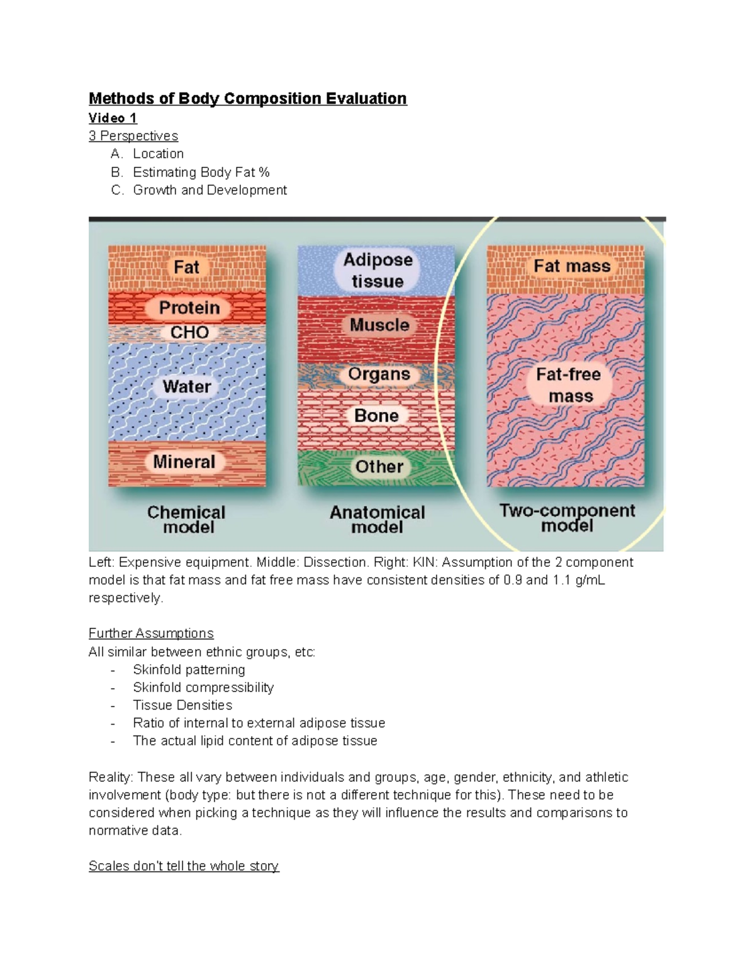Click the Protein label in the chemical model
[189, 308]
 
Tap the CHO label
[189, 332]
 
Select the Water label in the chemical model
[187, 386]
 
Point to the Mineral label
[184, 462]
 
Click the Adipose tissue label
[377, 271]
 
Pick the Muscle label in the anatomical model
[379, 325]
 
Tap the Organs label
[379, 374]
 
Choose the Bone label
[376, 416]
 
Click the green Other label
[379, 467]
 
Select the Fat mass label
[572, 267]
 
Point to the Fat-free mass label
[569, 385]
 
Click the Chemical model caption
[187, 520]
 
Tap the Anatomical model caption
[377, 520]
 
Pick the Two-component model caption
[567, 518]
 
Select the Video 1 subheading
[113, 118]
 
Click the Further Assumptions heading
[151, 634]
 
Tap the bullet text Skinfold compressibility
[203, 688]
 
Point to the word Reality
[111, 778]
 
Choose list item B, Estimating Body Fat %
[201, 172]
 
